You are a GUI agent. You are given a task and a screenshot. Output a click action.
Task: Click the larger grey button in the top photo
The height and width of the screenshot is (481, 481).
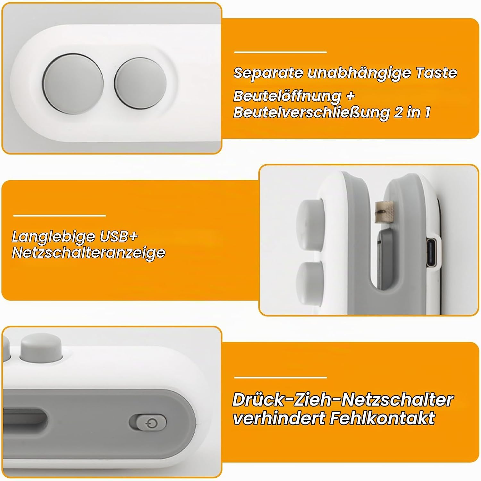point(73,83)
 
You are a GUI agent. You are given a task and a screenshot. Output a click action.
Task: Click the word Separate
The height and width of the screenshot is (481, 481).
point(268,73)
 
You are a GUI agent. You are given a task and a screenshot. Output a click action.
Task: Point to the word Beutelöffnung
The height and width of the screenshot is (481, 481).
point(287,96)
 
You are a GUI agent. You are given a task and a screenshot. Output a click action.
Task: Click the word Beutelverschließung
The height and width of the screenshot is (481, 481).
point(311,112)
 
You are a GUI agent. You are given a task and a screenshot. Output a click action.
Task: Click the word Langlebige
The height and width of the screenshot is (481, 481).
point(54,237)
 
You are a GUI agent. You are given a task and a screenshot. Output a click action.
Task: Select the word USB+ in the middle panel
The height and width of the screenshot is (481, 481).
point(119,236)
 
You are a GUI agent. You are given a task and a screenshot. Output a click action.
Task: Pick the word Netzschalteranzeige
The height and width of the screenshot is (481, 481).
point(89,253)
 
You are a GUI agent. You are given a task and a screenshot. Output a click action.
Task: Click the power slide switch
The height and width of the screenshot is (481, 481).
point(148,424)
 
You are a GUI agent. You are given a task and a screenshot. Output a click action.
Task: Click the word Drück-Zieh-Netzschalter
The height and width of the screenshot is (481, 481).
point(343,400)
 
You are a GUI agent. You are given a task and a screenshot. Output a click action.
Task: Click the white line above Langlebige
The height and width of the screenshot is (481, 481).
point(60,215)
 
